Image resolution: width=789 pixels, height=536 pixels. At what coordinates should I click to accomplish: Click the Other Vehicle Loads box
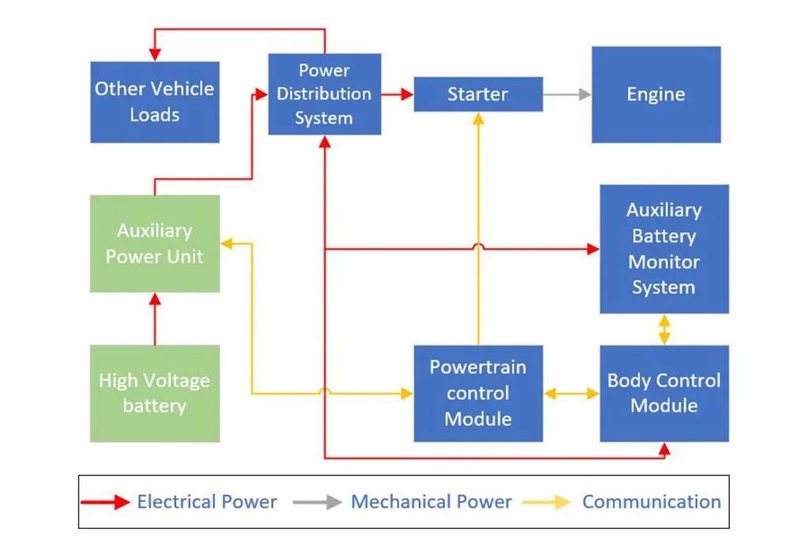tap(155, 102)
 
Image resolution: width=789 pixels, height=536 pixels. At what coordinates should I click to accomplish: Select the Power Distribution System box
tap(324, 94)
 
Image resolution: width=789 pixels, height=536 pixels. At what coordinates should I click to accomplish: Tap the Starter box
tap(478, 94)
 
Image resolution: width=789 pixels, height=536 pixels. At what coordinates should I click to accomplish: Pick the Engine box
tap(656, 95)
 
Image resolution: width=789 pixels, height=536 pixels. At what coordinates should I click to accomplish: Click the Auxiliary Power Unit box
tap(155, 244)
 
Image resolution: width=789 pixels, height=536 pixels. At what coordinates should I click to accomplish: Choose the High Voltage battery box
tap(155, 393)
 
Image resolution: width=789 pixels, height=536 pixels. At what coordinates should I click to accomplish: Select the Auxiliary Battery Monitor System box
tap(664, 249)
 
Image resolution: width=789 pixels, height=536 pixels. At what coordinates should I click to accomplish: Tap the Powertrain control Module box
tap(478, 393)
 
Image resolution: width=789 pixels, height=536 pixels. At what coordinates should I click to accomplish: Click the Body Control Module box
tap(664, 393)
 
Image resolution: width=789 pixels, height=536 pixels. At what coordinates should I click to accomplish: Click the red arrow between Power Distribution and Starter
tap(397, 94)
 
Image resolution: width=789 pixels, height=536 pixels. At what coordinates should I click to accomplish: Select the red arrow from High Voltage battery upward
tap(155, 318)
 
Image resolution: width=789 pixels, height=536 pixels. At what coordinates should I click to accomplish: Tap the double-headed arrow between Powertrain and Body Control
tap(571, 393)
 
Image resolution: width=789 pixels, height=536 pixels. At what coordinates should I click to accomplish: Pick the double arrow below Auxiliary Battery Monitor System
tap(664, 329)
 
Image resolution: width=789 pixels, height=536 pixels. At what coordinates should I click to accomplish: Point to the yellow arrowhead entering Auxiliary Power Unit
tap(226, 244)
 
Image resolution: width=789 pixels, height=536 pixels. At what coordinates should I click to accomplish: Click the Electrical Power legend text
tap(207, 502)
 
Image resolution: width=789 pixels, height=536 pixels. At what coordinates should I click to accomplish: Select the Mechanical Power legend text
tap(432, 502)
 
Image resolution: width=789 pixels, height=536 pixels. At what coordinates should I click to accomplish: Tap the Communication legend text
tap(652, 502)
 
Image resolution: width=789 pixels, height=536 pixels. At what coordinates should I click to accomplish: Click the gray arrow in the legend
tap(317, 502)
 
